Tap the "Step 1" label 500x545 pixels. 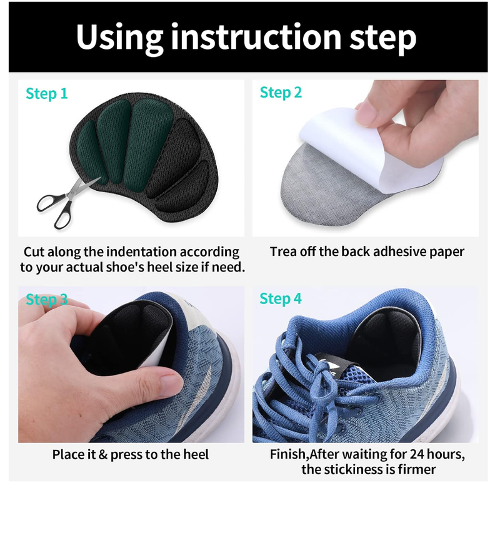(x=46, y=94)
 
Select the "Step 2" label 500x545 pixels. (x=281, y=93)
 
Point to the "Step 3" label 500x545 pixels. (x=46, y=300)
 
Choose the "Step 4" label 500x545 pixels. (x=281, y=299)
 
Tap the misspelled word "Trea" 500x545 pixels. (x=283, y=252)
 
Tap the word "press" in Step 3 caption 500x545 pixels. (x=128, y=455)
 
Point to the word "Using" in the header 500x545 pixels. (x=120, y=38)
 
